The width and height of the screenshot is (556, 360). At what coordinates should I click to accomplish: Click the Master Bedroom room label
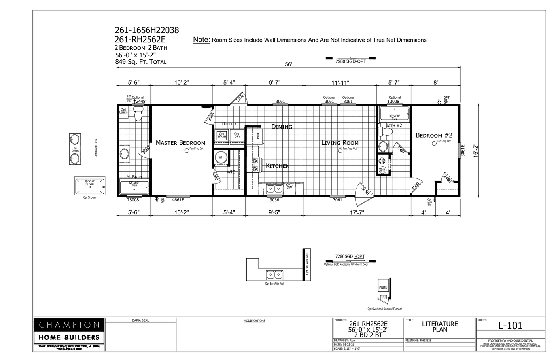coord(180,143)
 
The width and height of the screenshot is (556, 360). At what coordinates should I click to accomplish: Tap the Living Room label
coord(340,143)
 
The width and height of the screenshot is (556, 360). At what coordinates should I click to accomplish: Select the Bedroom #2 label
coord(434,135)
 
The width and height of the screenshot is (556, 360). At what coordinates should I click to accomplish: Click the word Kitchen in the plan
coord(278,166)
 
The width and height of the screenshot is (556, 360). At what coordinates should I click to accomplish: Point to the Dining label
coord(282,127)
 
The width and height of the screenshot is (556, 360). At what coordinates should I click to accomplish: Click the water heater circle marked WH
coord(221,157)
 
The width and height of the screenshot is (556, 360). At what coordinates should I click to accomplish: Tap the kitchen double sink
coord(274,188)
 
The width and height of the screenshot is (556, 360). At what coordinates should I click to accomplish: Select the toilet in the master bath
coord(138,114)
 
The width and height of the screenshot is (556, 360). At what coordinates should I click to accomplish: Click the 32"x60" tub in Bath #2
coord(394,115)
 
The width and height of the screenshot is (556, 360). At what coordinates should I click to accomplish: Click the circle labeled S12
coord(382,161)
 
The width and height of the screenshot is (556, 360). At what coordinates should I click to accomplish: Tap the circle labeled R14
coord(382,170)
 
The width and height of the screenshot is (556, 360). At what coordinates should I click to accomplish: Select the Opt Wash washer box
coord(222,135)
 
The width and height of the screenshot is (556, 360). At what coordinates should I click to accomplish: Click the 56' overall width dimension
coord(288,64)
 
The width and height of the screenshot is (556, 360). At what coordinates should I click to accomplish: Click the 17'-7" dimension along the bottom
coord(357,212)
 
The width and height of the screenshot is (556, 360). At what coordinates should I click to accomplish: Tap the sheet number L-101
coord(510,326)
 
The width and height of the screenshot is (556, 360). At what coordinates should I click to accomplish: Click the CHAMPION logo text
coord(69,325)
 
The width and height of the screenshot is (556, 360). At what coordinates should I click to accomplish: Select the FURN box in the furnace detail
coord(383,288)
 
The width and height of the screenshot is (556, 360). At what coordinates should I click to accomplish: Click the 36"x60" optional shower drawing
coord(90,185)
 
